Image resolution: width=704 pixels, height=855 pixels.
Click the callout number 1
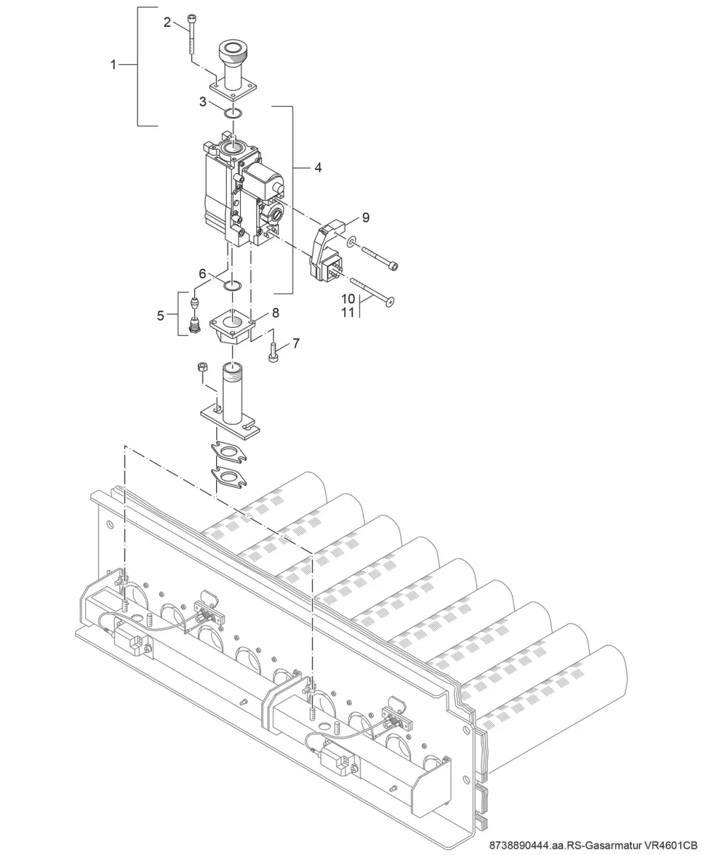[x=113, y=65]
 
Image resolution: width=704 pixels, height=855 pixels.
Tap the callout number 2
[x=167, y=23]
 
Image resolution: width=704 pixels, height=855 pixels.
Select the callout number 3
[x=203, y=102]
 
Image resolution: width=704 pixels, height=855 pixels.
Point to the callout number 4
[x=318, y=167]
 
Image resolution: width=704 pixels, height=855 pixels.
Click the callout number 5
[x=161, y=315]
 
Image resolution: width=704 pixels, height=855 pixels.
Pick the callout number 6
[x=202, y=274]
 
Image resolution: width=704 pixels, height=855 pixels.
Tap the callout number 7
[x=296, y=343]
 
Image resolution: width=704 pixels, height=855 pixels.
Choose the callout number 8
[x=276, y=312]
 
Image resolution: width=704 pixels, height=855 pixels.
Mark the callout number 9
[x=366, y=217]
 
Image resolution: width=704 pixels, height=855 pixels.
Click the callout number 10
[x=348, y=299]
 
